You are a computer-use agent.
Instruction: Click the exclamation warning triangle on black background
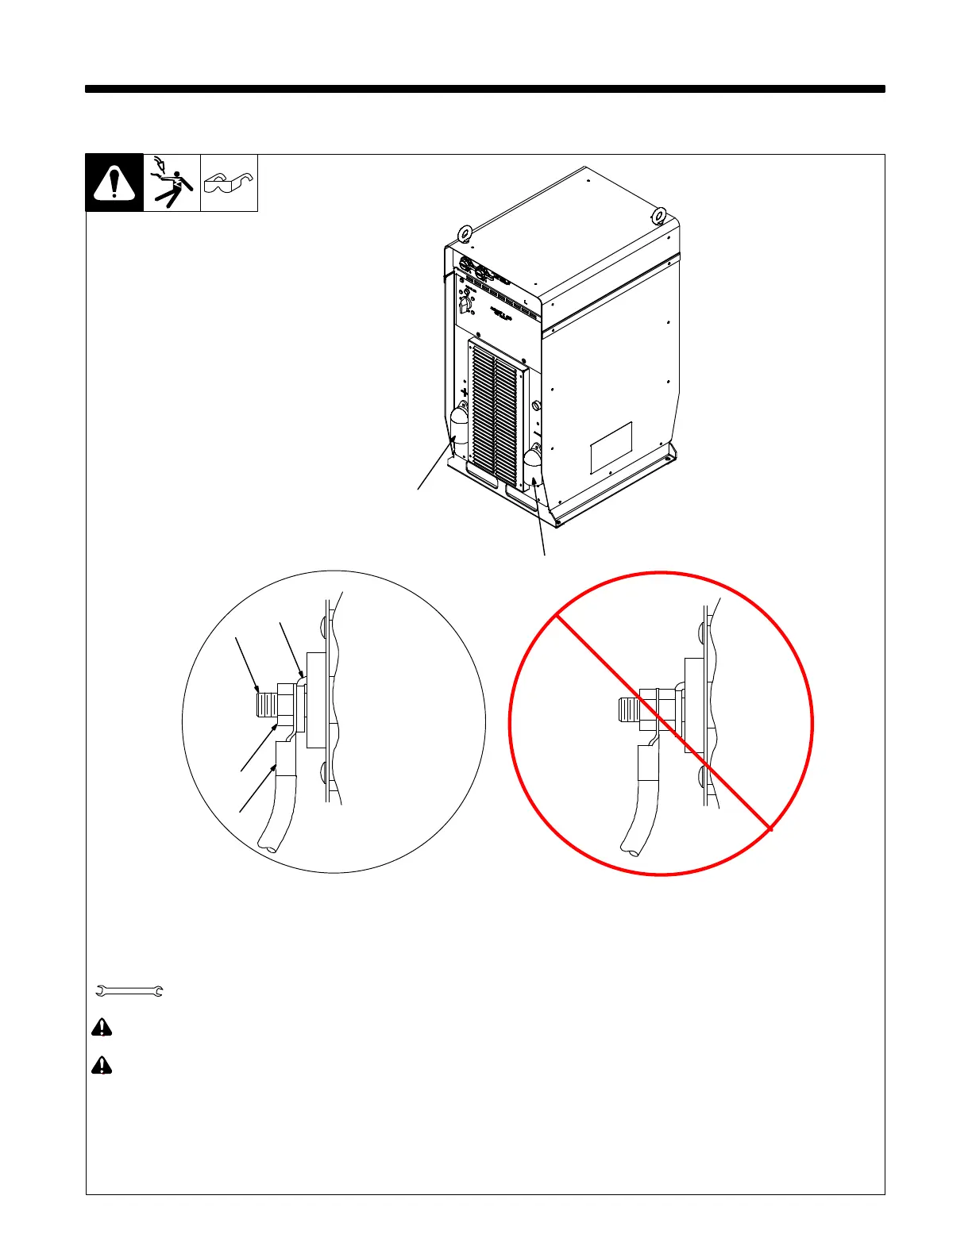click(114, 183)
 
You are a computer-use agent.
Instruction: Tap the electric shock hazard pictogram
click(172, 183)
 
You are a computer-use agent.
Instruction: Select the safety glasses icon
click(229, 184)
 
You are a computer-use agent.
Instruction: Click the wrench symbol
click(129, 990)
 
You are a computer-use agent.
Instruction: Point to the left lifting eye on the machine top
click(465, 233)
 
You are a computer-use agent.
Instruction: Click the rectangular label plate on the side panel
click(611, 448)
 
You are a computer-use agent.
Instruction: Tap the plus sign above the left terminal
click(465, 392)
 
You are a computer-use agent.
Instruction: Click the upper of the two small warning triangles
click(102, 1028)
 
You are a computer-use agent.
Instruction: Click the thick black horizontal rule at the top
click(484, 89)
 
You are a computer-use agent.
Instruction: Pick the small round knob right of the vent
click(536, 406)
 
